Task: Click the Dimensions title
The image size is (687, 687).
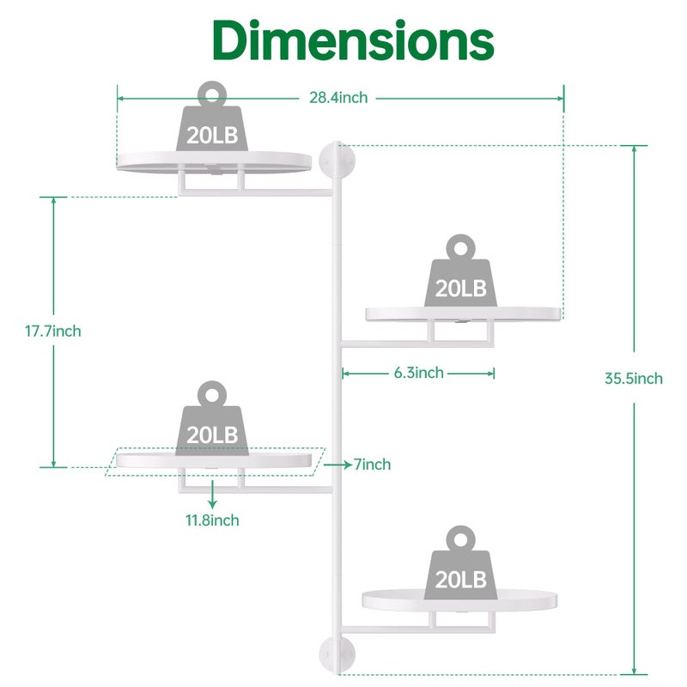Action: (x=353, y=40)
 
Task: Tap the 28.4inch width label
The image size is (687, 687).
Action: (x=338, y=98)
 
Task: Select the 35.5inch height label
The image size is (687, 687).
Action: (x=634, y=378)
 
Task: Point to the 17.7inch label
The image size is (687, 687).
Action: (x=53, y=331)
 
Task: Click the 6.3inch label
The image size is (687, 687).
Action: (x=419, y=373)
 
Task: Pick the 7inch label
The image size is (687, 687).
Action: (x=372, y=465)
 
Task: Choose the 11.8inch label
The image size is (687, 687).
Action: (x=212, y=520)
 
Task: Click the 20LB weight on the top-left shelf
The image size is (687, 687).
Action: (x=212, y=116)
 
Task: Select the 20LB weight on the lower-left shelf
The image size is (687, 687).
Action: (x=212, y=418)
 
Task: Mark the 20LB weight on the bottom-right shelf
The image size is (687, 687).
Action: (x=460, y=562)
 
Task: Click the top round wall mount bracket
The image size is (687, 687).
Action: (x=337, y=161)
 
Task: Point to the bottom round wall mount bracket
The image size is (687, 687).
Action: (x=337, y=655)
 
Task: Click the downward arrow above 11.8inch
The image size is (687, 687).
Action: (x=212, y=495)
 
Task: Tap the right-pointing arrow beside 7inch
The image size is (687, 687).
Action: (x=337, y=465)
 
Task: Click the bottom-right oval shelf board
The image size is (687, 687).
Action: (x=459, y=600)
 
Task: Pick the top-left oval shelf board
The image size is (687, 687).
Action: (x=214, y=161)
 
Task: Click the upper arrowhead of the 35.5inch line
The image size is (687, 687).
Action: (x=634, y=149)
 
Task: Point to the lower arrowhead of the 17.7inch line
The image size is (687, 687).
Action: (x=53, y=463)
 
